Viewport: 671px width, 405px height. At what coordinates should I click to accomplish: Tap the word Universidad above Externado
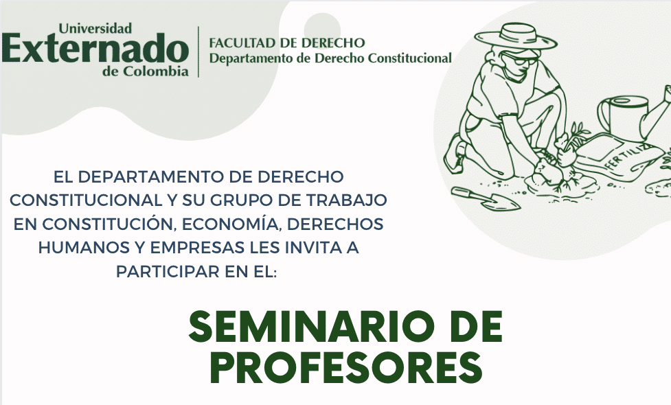click(95, 28)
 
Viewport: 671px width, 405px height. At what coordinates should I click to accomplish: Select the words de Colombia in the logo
click(146, 71)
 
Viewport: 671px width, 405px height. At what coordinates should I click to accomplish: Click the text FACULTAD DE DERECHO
click(286, 43)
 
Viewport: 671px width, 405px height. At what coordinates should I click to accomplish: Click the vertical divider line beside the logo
click(198, 51)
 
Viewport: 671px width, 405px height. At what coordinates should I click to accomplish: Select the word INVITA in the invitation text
click(302, 248)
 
